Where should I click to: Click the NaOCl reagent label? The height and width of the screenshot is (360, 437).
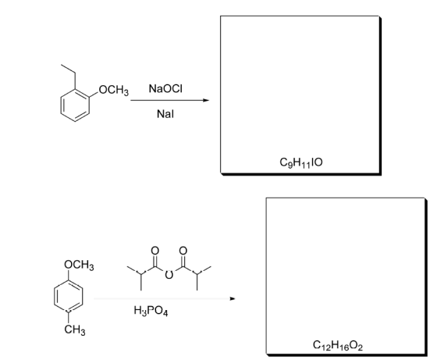click(165, 89)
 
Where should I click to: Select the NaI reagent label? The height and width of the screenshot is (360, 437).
click(165, 114)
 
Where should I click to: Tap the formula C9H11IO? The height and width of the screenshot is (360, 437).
click(301, 162)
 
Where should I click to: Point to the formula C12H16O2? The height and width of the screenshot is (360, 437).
click(338, 345)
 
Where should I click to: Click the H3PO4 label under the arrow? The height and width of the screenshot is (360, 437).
click(151, 311)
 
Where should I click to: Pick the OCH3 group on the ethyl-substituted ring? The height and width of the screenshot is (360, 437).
click(114, 91)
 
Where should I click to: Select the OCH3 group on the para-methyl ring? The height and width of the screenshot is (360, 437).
click(79, 265)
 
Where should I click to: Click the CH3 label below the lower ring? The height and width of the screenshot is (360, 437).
click(75, 330)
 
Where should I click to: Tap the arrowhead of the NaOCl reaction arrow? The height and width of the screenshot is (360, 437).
click(207, 100)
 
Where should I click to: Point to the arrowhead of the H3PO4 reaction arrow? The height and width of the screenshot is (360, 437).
click(233, 298)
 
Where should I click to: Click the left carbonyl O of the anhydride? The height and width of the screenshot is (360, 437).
click(155, 251)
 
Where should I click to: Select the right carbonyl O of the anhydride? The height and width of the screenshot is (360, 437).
click(183, 251)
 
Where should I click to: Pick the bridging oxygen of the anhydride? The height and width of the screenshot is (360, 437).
click(169, 275)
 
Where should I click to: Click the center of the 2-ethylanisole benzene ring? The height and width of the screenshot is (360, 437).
click(75, 105)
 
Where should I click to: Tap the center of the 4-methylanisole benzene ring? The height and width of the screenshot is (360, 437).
click(69, 296)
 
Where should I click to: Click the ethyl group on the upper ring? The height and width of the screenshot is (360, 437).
click(69, 77)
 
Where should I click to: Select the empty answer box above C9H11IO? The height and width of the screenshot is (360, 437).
click(300, 94)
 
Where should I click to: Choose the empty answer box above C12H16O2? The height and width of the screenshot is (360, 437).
click(346, 276)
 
